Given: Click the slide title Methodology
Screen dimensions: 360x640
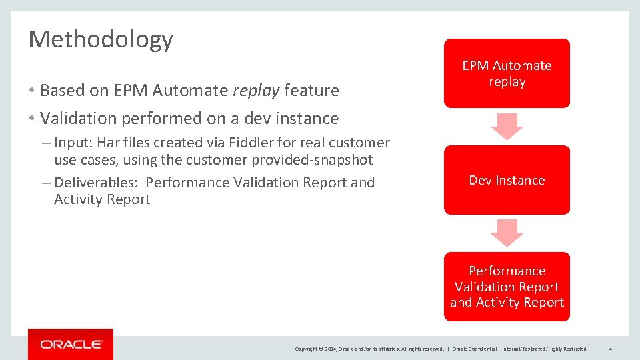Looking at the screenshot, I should [101, 40].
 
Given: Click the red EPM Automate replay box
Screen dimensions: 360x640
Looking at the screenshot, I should [507, 73].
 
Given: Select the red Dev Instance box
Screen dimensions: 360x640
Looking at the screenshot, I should [507, 180].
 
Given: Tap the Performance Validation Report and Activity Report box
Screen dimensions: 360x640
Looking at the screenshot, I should [507, 287].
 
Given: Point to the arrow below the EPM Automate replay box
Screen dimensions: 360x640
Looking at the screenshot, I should [507, 126].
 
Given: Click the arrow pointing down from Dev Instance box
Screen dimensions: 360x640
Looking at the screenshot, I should [507, 233].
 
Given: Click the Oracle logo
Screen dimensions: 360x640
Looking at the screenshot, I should [71, 344].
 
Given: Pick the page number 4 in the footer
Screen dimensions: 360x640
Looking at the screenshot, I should [611, 349].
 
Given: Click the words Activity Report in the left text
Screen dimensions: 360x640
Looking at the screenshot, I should [102, 199].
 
